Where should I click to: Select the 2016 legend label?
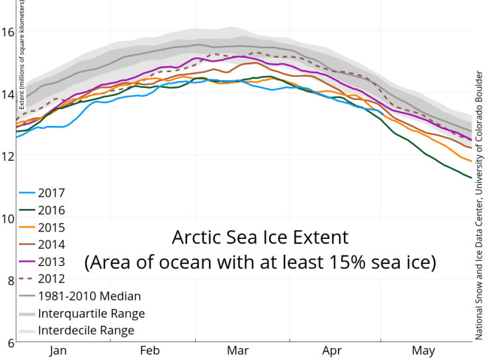point(52,210)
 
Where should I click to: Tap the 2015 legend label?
point(52,228)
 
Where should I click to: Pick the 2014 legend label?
point(52,245)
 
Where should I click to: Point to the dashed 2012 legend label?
point(52,279)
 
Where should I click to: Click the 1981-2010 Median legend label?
point(89,296)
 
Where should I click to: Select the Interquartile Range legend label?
point(91,314)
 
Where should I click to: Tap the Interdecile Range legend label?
point(87,330)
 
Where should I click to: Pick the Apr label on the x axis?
point(332,351)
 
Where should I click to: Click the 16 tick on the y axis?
point(8,31)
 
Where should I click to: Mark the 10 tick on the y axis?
point(8,218)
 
